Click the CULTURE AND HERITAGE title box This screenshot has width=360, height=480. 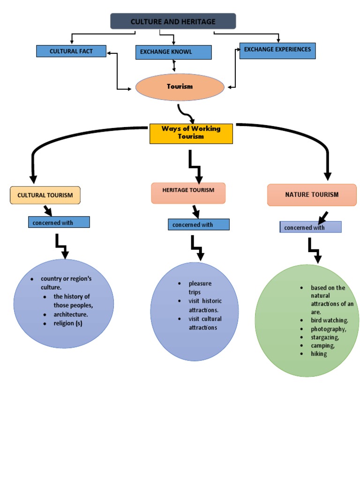[x=173, y=22]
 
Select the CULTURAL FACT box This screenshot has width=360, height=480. [x=71, y=51]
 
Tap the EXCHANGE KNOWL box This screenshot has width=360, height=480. [x=173, y=52]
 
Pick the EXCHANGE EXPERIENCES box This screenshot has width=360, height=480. [x=277, y=50]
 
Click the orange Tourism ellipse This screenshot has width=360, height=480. [x=180, y=87]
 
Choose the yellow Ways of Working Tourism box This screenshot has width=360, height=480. [x=191, y=133]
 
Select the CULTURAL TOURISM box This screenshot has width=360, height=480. [x=45, y=195]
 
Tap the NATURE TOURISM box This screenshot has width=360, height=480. [x=312, y=195]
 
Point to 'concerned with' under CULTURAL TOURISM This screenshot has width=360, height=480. [x=59, y=223]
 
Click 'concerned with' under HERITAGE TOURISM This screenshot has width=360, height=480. [x=199, y=225]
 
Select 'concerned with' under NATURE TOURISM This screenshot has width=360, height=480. [x=310, y=227]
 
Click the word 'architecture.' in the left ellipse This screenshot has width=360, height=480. [x=71, y=315]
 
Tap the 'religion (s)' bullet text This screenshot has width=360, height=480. [x=68, y=323]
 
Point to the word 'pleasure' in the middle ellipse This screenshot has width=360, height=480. [x=200, y=284]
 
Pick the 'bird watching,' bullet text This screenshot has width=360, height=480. [x=330, y=320]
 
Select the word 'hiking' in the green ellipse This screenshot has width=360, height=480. [x=319, y=354]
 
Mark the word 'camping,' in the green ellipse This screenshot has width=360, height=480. [x=323, y=345]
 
